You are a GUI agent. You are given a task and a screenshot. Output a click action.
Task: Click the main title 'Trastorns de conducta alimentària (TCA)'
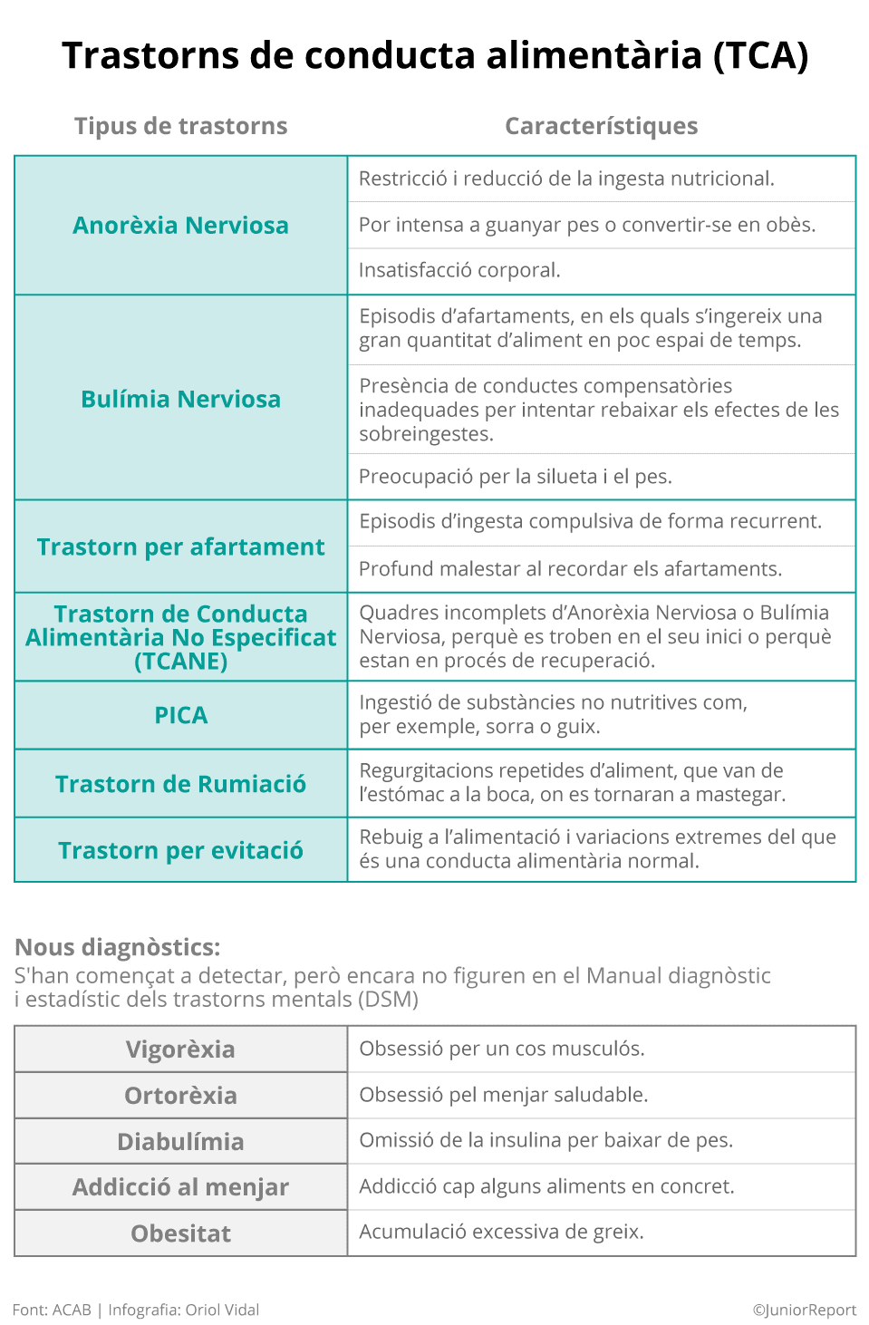pyautogui.click(x=435, y=55)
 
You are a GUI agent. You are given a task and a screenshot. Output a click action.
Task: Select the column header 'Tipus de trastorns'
pyautogui.click(x=180, y=126)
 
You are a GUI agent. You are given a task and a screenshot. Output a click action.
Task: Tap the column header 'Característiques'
pyautogui.click(x=601, y=126)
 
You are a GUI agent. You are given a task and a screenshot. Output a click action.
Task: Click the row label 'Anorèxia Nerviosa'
pyautogui.click(x=180, y=225)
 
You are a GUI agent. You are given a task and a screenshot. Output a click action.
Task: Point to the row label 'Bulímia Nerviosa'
pyautogui.click(x=180, y=399)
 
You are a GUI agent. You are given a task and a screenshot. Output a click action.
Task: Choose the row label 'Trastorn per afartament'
pyautogui.click(x=180, y=546)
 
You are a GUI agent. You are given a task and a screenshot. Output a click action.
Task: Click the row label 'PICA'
pyautogui.click(x=180, y=715)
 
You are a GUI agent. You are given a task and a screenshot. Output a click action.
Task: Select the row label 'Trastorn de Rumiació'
pyautogui.click(x=180, y=784)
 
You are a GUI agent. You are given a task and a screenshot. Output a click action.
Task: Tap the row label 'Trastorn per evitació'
pyautogui.click(x=180, y=850)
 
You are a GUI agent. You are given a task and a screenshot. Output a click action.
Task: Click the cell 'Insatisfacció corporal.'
pyautogui.click(x=459, y=270)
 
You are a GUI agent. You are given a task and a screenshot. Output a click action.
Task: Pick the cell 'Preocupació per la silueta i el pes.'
pyautogui.click(x=515, y=477)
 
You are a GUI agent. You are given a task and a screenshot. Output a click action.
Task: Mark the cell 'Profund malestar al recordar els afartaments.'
pyautogui.click(x=570, y=569)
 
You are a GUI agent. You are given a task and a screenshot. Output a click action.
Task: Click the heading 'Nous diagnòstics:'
pyautogui.click(x=118, y=947)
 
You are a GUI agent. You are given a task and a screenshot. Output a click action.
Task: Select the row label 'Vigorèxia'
pyautogui.click(x=180, y=1049)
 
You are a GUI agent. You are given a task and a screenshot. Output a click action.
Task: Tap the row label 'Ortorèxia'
pyautogui.click(x=180, y=1096)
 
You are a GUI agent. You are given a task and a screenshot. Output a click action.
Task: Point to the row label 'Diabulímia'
pyautogui.click(x=180, y=1142)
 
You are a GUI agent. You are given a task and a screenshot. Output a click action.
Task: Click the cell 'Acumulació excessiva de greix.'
pyautogui.click(x=501, y=1232)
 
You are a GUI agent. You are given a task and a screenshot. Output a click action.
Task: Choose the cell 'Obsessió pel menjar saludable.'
pyautogui.click(x=503, y=1095)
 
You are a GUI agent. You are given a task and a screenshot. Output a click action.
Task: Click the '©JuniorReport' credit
pyautogui.click(x=804, y=1310)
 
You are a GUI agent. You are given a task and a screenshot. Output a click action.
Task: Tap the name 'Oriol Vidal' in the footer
pyautogui.click(x=222, y=1310)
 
